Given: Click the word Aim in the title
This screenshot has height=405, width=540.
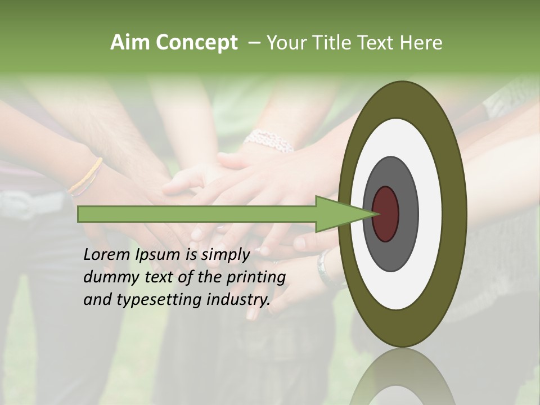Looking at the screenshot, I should coord(130,43).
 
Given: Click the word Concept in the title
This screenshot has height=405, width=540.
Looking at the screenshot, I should coord(196,43).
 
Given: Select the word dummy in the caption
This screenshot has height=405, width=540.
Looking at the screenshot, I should coord(108,277).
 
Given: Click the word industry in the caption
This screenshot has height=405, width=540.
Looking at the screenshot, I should coord(238,299).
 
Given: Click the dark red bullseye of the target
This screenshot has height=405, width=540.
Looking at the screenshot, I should coord(385,214).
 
